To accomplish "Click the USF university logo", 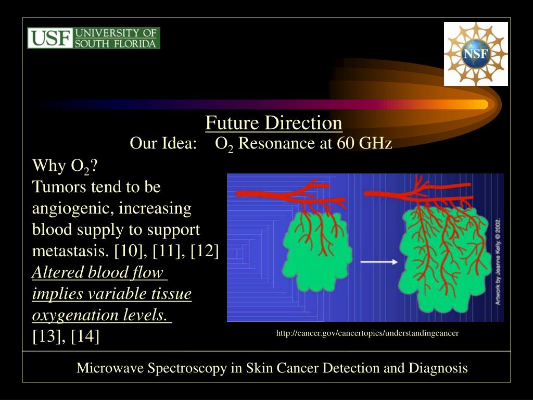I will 94,38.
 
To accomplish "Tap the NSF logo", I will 476,54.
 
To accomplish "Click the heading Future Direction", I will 273,123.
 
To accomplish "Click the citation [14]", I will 85,336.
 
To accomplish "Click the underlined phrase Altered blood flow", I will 97,273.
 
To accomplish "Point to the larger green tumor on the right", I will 445,255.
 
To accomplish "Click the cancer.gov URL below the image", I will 367,333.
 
